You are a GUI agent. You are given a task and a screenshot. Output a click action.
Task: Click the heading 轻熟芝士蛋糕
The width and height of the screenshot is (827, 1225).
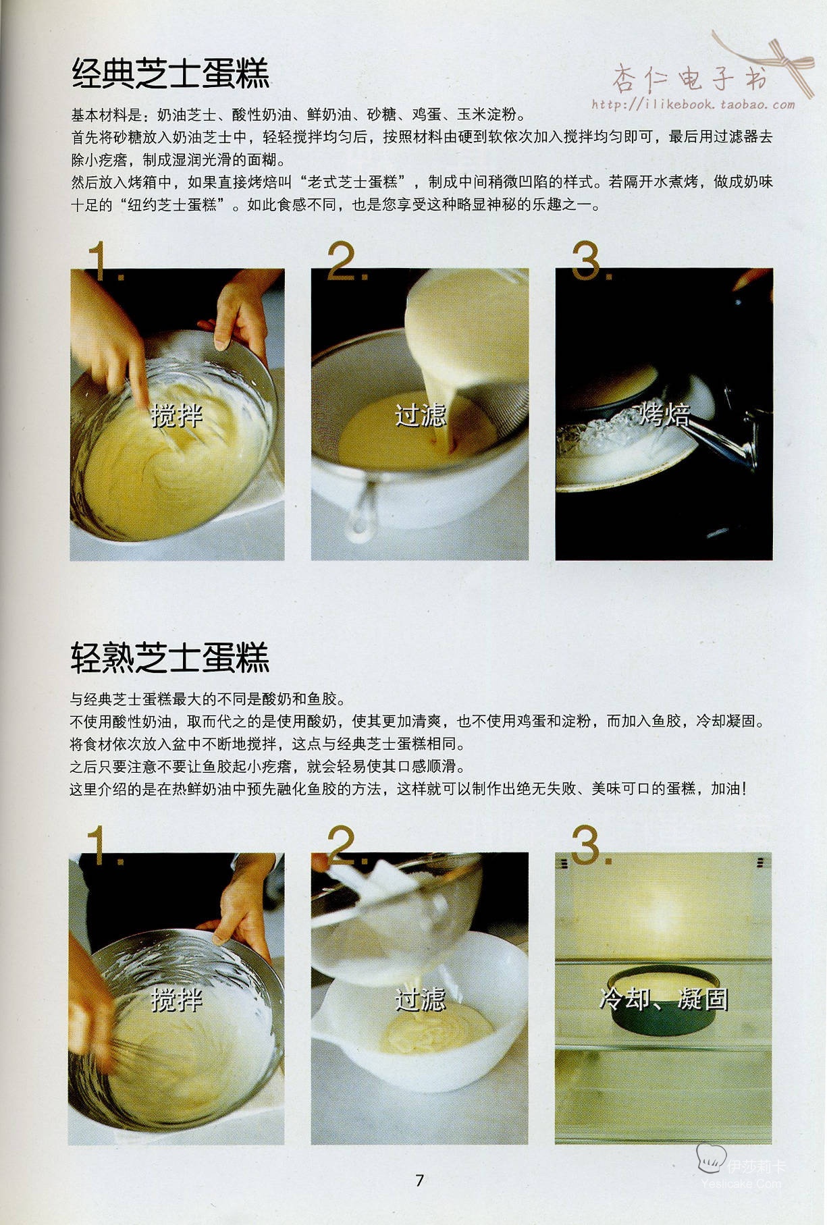pos(169,657)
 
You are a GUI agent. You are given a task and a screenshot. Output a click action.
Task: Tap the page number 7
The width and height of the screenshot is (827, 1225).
pos(419,1180)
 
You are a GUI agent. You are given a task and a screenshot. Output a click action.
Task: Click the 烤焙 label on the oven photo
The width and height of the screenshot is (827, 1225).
pos(664,414)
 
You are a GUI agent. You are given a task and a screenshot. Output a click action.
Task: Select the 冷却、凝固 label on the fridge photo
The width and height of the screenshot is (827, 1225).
pos(664,999)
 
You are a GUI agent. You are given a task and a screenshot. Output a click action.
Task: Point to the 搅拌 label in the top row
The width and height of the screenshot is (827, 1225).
pos(177,415)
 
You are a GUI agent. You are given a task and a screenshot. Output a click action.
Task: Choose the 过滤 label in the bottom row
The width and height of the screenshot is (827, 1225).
pos(420,999)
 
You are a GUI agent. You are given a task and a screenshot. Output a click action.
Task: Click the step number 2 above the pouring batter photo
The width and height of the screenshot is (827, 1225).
pos(346,261)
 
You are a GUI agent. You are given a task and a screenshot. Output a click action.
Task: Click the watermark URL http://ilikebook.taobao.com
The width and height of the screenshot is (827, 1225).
pos(693,105)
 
